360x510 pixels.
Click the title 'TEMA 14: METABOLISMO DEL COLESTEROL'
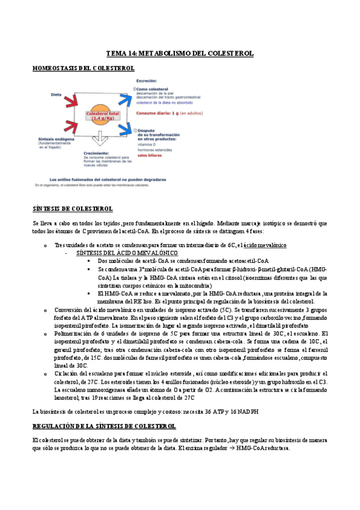click(x=180, y=54)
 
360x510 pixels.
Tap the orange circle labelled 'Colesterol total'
click(x=103, y=115)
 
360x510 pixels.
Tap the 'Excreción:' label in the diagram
click(x=147, y=81)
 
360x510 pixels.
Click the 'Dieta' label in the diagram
click(x=56, y=94)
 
